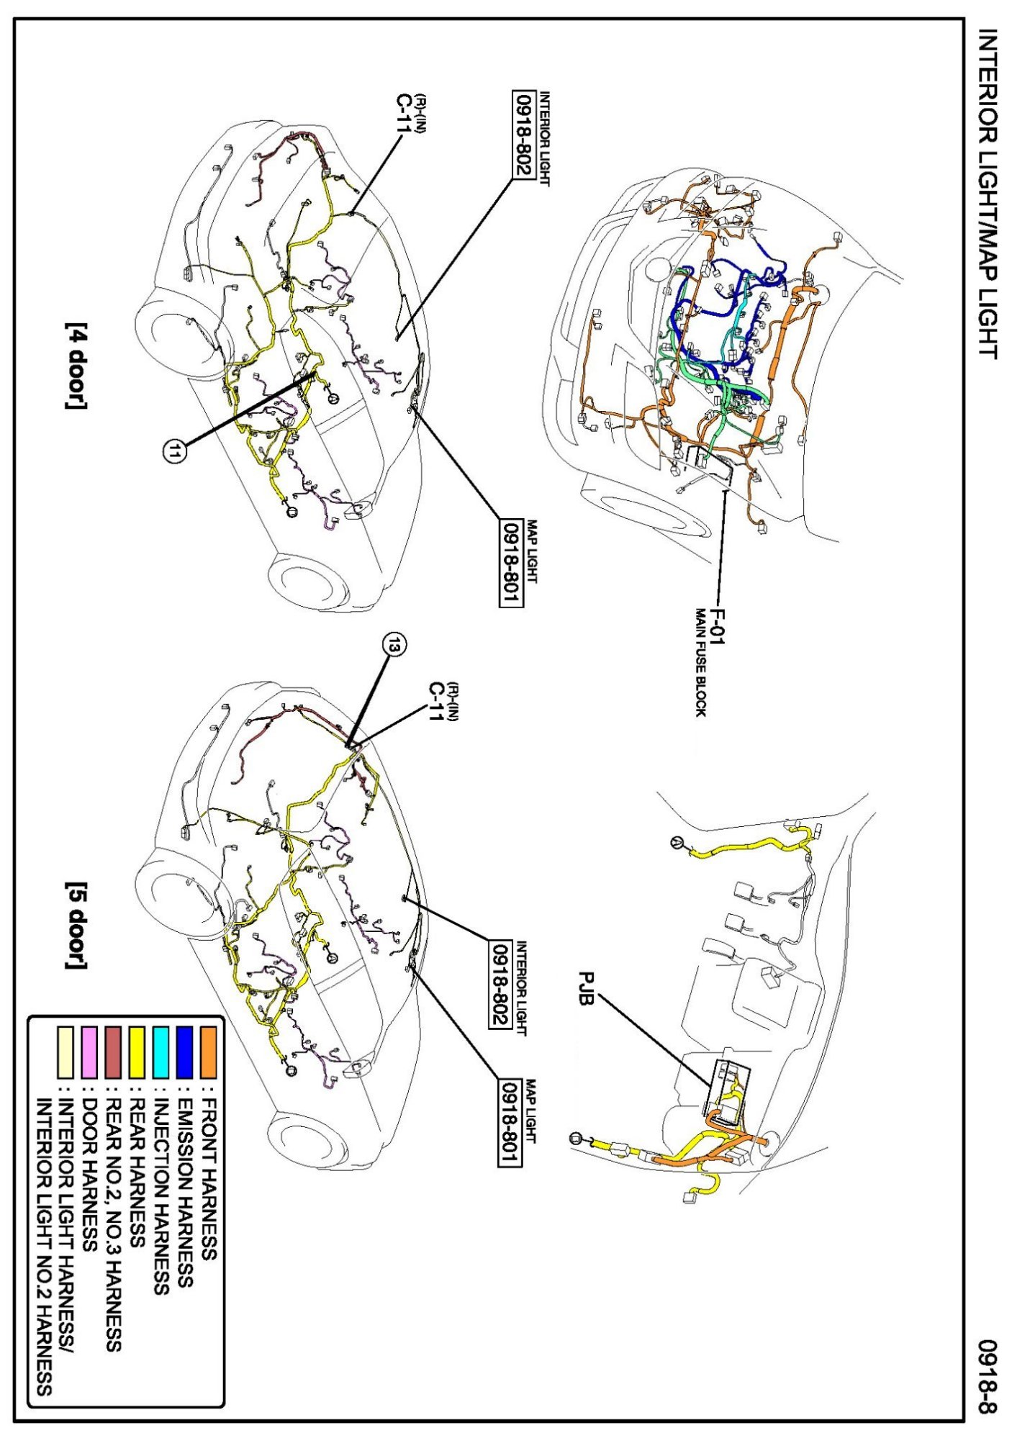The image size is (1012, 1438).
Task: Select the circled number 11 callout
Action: point(175,451)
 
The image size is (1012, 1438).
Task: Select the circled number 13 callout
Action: point(393,646)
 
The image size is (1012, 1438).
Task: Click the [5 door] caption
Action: point(75,926)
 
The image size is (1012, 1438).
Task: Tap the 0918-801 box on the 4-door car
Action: point(511,564)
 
